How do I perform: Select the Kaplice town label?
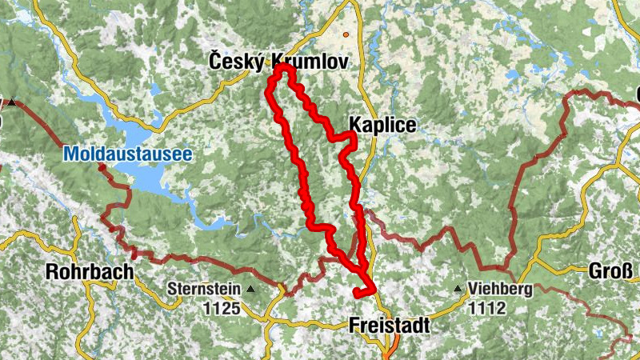coord(382,125)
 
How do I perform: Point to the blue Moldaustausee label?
coord(128,153)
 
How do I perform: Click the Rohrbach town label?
coord(90,271)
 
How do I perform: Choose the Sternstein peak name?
coord(204,289)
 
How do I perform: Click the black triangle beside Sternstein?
coord(251,290)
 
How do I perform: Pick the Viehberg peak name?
coord(501,290)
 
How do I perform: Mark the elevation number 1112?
coord(489,306)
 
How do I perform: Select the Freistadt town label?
coord(389,326)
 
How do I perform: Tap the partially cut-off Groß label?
coord(614,270)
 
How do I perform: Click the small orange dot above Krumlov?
coord(346,35)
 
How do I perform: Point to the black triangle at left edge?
coord(12,102)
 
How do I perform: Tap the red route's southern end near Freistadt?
coord(355,295)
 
